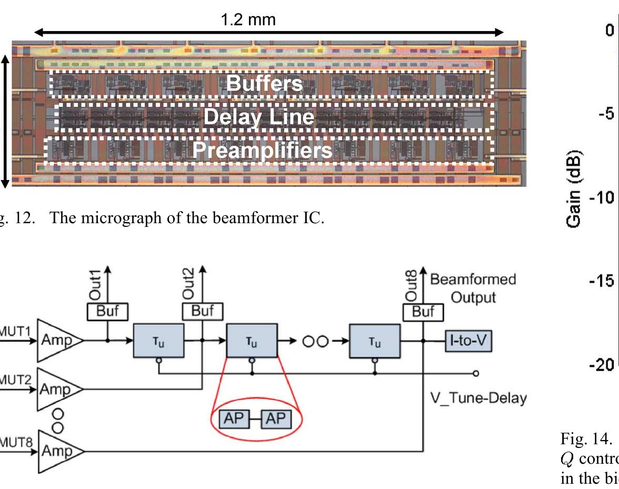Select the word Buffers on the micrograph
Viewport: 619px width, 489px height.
click(265, 84)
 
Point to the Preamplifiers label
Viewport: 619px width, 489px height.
click(262, 151)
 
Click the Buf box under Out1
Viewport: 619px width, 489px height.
click(107, 312)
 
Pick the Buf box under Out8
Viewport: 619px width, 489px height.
click(423, 312)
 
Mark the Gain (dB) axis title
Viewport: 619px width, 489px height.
click(574, 191)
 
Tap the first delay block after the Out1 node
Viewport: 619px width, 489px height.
click(158, 341)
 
